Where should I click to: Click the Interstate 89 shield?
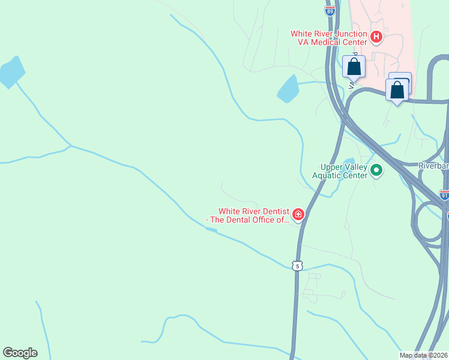tap(330, 11)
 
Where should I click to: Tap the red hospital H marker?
tap(376, 38)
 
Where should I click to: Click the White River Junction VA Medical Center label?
tap(329, 38)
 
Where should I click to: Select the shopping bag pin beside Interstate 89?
tap(354, 67)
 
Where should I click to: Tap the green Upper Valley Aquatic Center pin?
tap(376, 171)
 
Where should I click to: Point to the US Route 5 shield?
tap(297, 266)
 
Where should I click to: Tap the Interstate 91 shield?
tap(444, 195)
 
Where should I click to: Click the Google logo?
tap(20, 353)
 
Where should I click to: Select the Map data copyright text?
tap(423, 355)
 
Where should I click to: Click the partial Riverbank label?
tap(433, 166)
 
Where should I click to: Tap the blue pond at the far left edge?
tap(11, 73)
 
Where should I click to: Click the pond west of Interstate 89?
tap(288, 89)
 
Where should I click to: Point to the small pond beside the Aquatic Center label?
tap(349, 161)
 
